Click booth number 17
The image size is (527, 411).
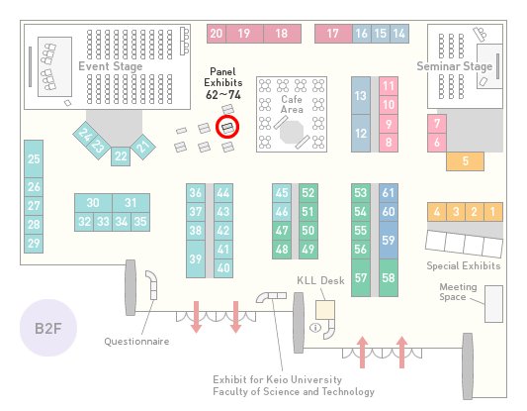(333, 34)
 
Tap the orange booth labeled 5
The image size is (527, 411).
(465, 161)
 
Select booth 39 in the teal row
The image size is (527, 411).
(196, 258)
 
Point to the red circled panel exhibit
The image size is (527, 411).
(227, 127)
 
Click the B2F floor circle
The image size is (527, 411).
(48, 328)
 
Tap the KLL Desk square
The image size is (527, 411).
(325, 310)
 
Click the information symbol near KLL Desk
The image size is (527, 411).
(315, 327)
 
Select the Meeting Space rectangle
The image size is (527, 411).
(493, 304)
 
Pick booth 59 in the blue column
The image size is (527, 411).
(389, 240)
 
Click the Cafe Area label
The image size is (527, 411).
(292, 104)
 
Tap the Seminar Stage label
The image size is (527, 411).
(455, 66)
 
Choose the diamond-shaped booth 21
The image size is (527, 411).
(143, 147)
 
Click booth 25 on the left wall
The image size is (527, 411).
(34, 158)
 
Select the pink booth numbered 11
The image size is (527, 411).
(389, 86)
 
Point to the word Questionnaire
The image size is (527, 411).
(136, 342)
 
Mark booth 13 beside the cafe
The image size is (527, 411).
(361, 96)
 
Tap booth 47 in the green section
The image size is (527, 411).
(282, 231)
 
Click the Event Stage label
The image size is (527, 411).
(110, 66)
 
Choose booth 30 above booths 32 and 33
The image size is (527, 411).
(93, 203)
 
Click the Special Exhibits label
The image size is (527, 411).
(464, 266)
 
